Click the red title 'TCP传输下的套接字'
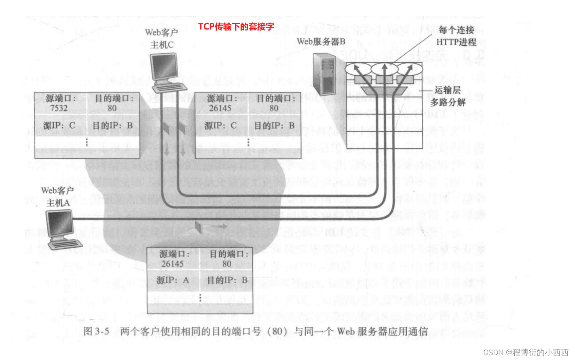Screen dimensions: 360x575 click(x=236, y=27)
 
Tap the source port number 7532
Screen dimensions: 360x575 click(x=59, y=108)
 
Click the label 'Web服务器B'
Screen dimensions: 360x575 click(x=321, y=42)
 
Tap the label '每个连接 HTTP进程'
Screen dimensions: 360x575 click(x=456, y=36)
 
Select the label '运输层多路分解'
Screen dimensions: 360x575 click(x=448, y=96)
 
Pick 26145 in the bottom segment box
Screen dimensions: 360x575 click(x=173, y=264)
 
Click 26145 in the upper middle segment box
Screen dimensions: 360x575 click(x=220, y=108)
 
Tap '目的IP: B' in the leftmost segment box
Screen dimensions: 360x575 click(x=113, y=126)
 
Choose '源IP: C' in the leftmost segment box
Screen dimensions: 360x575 click(x=59, y=126)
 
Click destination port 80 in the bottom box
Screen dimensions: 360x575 click(x=227, y=264)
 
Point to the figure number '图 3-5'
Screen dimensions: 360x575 click(x=96, y=331)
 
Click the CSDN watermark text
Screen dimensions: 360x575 click(x=526, y=352)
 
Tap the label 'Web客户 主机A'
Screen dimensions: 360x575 click(x=57, y=196)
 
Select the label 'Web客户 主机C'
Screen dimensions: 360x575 click(x=162, y=38)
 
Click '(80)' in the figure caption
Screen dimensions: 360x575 click(x=277, y=331)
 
